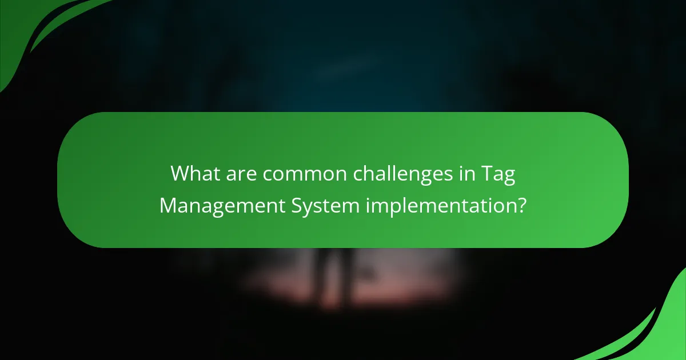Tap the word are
(241, 173)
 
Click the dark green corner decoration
(34, 29)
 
